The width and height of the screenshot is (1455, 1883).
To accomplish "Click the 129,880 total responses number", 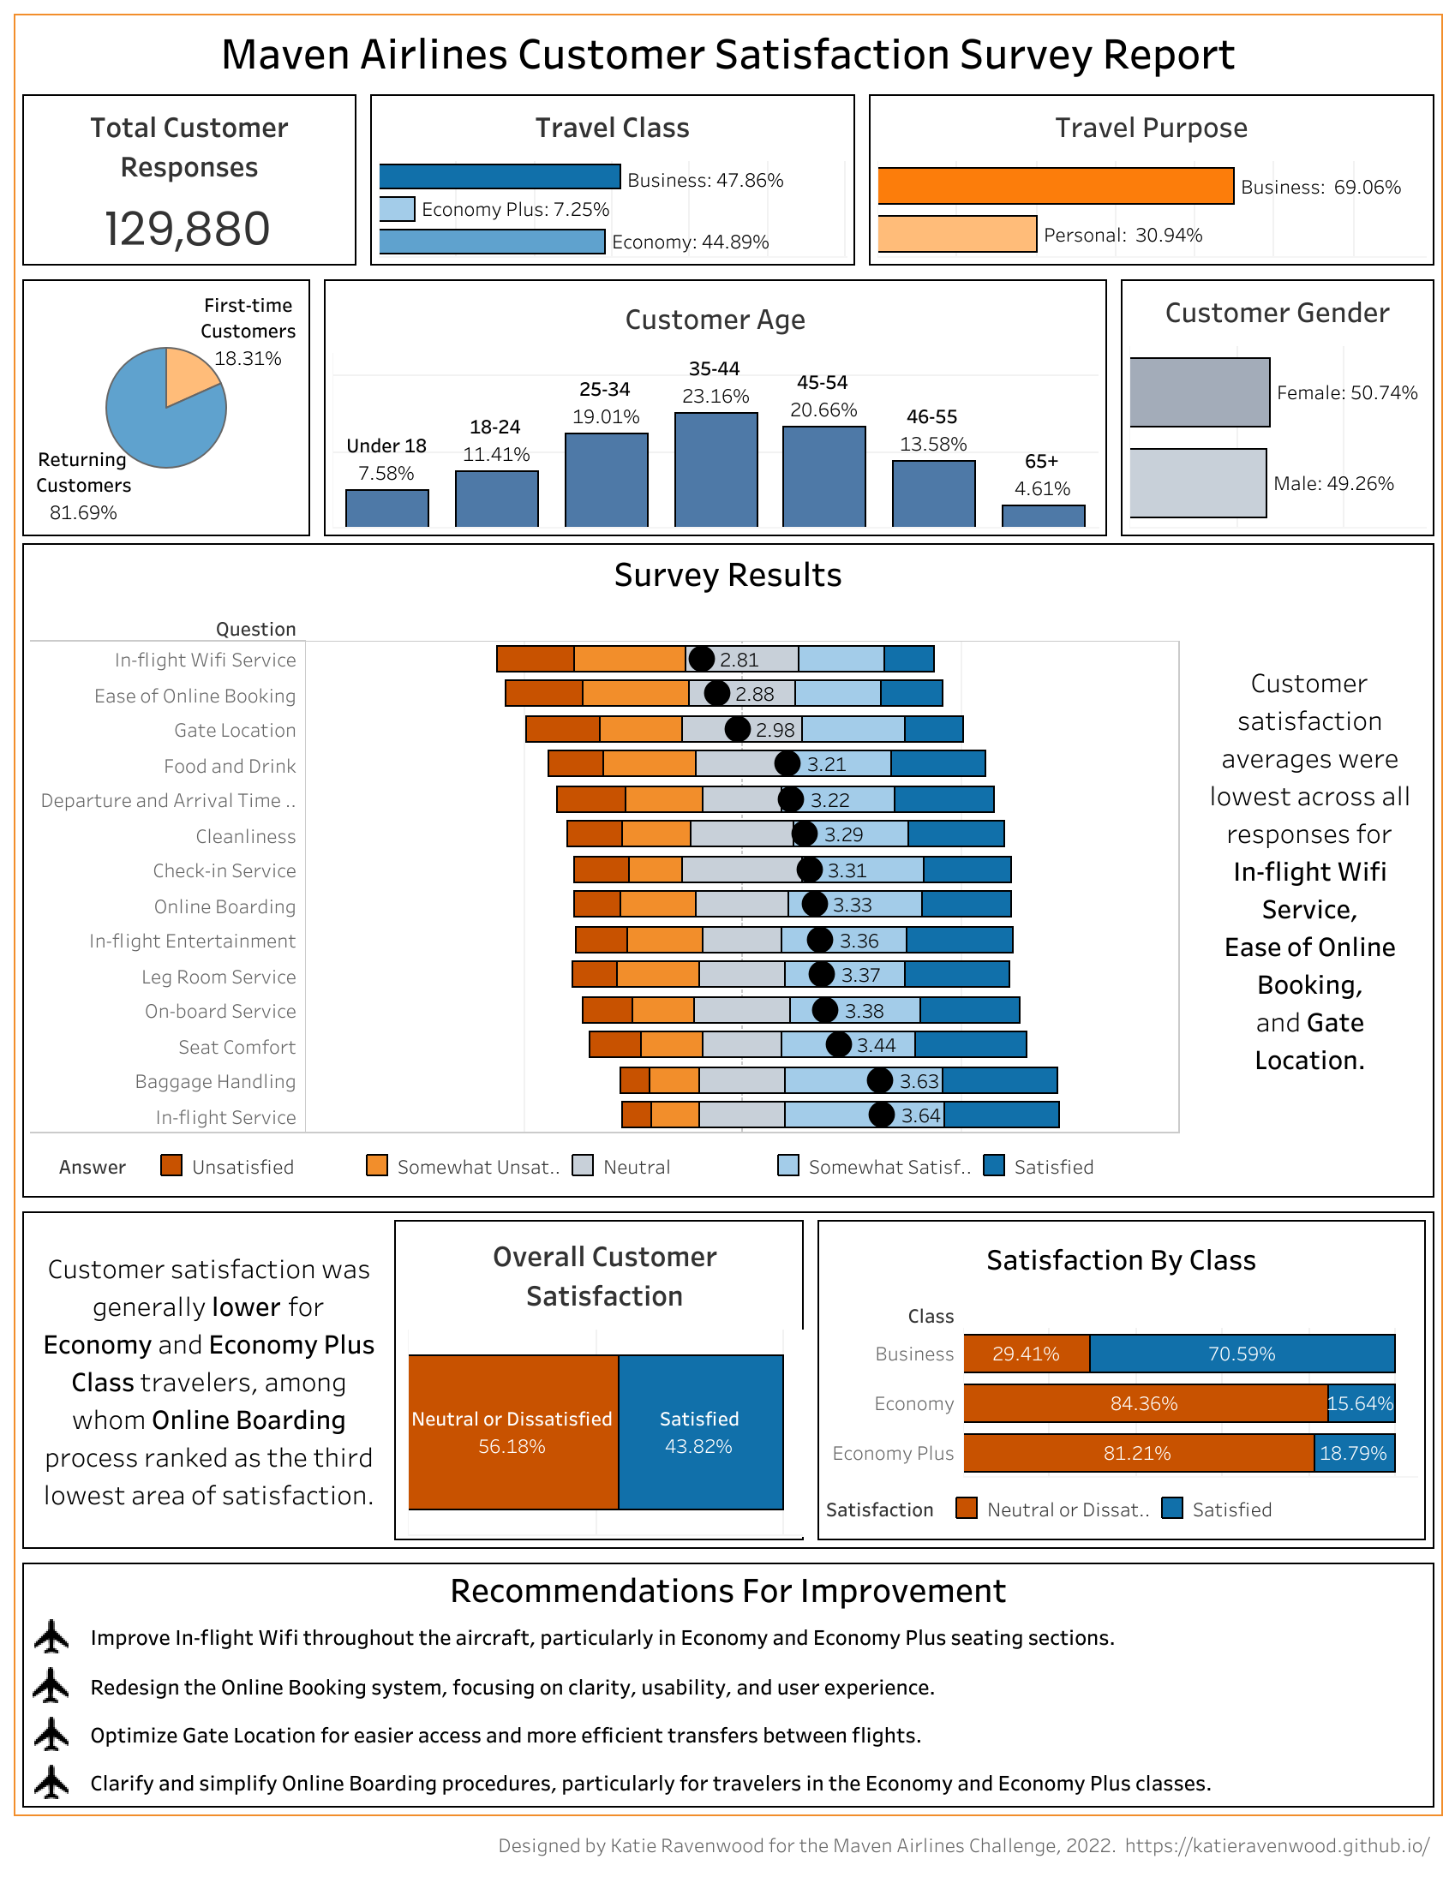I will click(x=187, y=229).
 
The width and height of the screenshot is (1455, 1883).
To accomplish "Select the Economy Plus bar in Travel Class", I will click(x=397, y=209).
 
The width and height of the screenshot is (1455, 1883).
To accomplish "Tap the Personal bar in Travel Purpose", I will click(x=956, y=234).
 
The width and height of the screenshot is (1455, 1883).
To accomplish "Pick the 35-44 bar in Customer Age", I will click(x=715, y=469).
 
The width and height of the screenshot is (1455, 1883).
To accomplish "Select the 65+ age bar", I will click(x=1042, y=516).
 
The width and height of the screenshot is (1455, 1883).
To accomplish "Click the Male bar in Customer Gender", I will click(x=1197, y=483).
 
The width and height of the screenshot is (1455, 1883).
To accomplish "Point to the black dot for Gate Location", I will click(x=737, y=729).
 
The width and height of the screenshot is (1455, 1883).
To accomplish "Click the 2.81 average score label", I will click(x=739, y=660).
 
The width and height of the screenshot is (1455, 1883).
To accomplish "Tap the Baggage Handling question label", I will click(x=215, y=1081).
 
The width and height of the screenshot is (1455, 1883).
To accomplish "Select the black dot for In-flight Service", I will click(x=881, y=1115).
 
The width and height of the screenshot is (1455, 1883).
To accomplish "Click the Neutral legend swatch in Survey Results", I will click(x=583, y=1166).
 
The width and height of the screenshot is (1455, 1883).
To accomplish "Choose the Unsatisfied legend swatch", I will click(x=171, y=1166).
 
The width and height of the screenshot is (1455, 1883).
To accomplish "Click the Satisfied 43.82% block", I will click(x=699, y=1432).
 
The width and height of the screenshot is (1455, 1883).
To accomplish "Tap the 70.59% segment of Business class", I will click(x=1241, y=1354).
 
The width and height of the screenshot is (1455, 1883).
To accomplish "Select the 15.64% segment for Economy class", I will click(x=1360, y=1403).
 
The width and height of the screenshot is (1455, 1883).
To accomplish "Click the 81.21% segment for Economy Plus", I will click(x=1138, y=1454).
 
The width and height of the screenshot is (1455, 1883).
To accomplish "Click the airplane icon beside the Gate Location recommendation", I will click(x=51, y=1735).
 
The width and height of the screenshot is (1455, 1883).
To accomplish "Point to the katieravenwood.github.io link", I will click(x=1277, y=1845).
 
